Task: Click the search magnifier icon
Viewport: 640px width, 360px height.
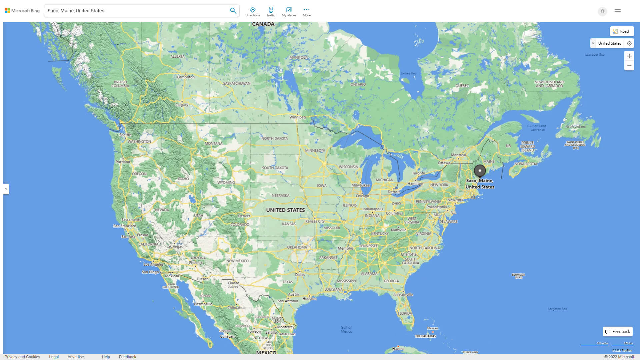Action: [x=233, y=11]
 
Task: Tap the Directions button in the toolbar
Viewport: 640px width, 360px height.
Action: [x=253, y=12]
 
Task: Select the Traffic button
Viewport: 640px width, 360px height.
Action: [x=271, y=12]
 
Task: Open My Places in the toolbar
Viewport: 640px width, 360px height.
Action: [x=289, y=12]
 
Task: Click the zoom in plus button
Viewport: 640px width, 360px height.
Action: [x=629, y=56]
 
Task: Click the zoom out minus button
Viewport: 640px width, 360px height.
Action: [x=629, y=66]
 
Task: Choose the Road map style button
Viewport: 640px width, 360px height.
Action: [x=622, y=31]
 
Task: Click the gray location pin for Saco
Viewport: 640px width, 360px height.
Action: [x=480, y=171]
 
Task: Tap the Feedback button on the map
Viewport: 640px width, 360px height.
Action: [x=618, y=332]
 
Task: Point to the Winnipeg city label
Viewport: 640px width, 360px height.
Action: [x=297, y=117]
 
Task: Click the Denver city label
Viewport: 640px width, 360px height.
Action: [x=244, y=216]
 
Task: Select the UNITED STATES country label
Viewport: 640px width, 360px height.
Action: [x=285, y=210]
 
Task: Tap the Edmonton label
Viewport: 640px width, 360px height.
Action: [x=186, y=77]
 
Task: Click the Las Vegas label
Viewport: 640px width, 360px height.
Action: [x=174, y=247]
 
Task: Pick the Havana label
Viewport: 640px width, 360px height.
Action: [x=398, y=349]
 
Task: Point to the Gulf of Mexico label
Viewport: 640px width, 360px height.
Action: [x=346, y=329]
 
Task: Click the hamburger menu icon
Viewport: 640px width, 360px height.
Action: [x=618, y=11]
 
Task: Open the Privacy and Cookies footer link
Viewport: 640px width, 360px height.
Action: [x=22, y=357]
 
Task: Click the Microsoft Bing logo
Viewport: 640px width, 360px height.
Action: [x=22, y=11]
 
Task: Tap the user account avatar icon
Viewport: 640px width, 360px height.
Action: [x=602, y=11]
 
